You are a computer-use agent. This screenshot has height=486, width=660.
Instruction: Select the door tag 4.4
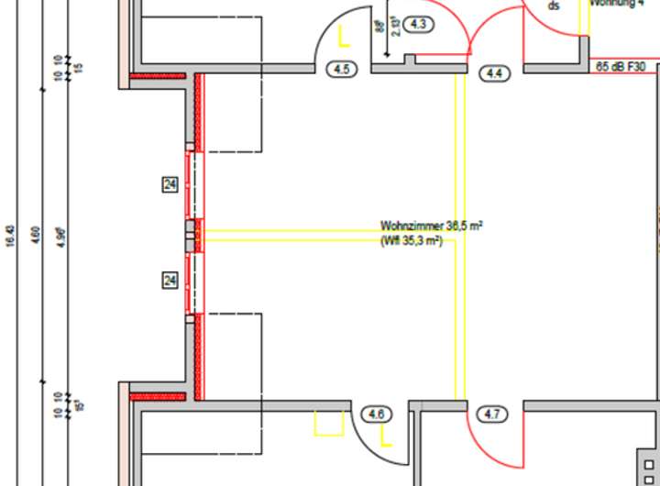click(x=495, y=72)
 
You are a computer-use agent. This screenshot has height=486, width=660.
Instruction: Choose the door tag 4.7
click(x=492, y=414)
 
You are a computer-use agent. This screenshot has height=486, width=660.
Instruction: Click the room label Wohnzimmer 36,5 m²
click(x=432, y=225)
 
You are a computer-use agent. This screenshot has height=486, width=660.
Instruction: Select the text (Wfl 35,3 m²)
click(x=412, y=240)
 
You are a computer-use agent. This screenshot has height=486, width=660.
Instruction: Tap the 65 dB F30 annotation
click(x=621, y=67)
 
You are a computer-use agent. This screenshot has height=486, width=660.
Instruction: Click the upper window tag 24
click(x=170, y=185)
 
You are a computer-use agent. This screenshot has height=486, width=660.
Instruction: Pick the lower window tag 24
click(x=170, y=280)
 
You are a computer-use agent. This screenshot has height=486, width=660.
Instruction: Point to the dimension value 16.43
click(x=10, y=237)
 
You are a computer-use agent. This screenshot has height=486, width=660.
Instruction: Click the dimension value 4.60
click(x=36, y=237)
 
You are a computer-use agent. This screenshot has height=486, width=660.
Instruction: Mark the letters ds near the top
click(x=553, y=6)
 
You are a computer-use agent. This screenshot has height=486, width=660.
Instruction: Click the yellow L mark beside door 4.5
click(x=344, y=38)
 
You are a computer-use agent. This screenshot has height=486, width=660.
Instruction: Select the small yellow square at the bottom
click(x=328, y=423)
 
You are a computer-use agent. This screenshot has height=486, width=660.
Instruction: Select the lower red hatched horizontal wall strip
click(x=158, y=397)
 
